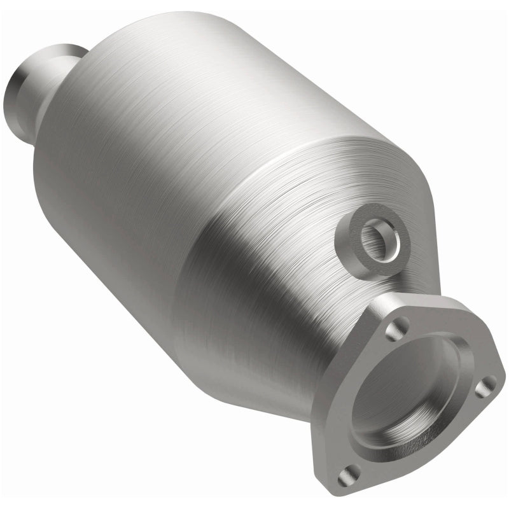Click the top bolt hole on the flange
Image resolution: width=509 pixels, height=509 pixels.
(x=398, y=326)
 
